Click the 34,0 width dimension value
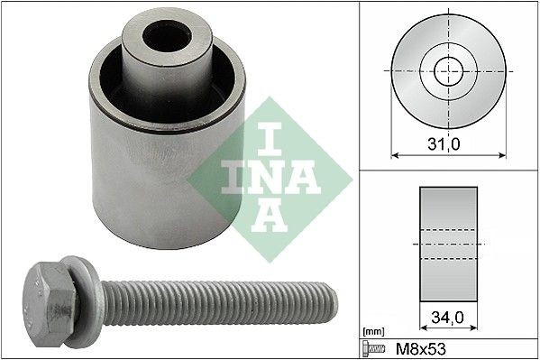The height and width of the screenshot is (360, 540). point(447,318)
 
